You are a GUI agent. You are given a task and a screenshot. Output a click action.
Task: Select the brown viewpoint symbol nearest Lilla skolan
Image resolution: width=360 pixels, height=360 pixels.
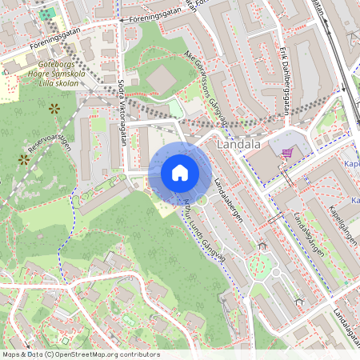(54, 106)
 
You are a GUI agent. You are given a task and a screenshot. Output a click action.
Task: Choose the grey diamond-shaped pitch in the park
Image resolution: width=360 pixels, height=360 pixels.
(161, 78)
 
